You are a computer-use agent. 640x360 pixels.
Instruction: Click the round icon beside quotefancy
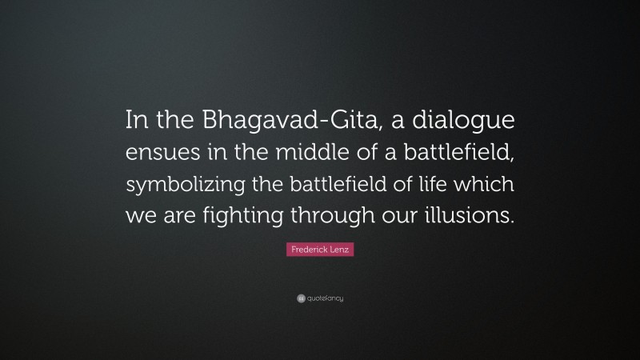click(x=300, y=298)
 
